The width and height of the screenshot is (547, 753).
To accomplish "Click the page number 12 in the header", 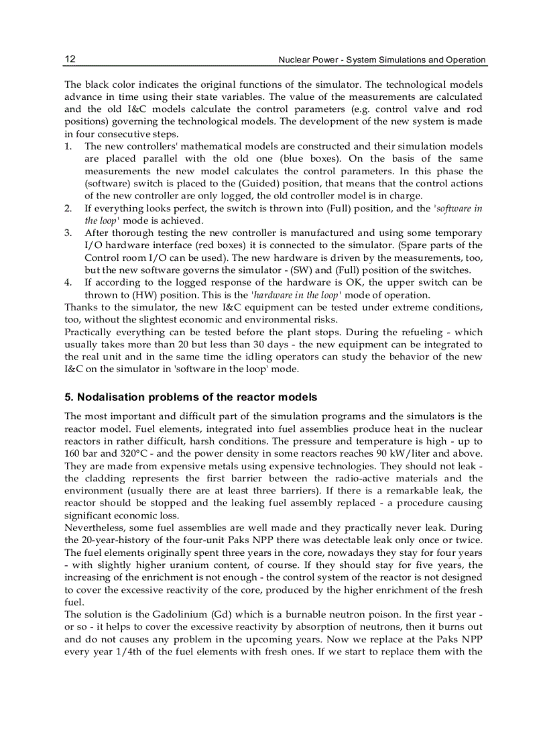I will point(70,59).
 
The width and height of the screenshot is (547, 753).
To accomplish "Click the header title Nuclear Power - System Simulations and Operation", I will point(382,60).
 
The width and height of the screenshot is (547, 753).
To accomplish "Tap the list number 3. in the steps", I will point(68,233).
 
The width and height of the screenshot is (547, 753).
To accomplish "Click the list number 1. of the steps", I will point(68,146).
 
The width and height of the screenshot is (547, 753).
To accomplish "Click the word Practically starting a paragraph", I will point(90,333).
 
